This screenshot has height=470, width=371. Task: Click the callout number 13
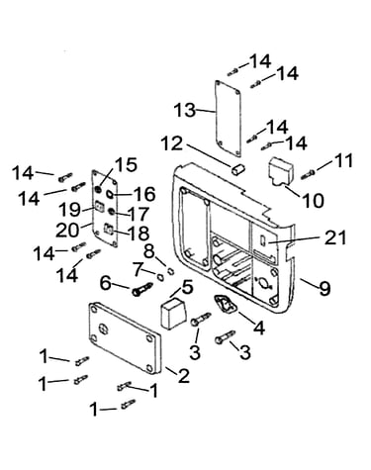click(x=185, y=110)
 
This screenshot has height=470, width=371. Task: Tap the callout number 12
click(x=171, y=143)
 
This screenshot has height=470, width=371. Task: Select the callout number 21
click(x=335, y=237)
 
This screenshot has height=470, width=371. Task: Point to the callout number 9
click(x=325, y=289)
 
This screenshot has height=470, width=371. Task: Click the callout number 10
click(x=314, y=200)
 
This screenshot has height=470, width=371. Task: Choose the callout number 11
click(x=343, y=161)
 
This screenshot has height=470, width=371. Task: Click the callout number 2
click(x=184, y=376)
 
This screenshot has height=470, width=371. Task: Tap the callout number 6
click(x=106, y=283)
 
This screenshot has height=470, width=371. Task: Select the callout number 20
click(x=67, y=231)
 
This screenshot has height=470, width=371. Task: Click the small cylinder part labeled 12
click(x=238, y=169)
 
